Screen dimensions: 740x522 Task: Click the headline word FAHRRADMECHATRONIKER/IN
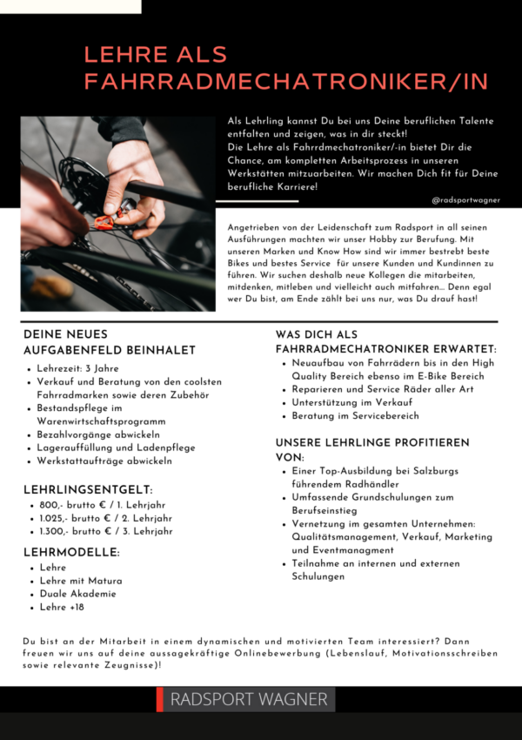point(285,82)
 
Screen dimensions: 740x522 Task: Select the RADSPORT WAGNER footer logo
point(249,699)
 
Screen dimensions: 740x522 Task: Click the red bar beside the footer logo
point(160,699)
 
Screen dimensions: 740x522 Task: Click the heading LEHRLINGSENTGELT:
point(88,490)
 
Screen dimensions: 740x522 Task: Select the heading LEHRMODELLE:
point(71,552)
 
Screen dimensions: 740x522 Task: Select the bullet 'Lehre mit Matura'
point(81,581)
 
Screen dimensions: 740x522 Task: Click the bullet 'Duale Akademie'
point(79,594)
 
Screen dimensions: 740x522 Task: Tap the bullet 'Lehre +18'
point(62,607)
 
